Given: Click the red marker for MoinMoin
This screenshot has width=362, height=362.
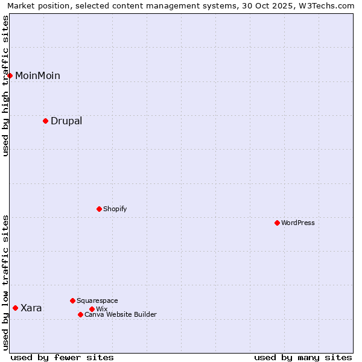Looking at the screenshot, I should (x=10, y=75).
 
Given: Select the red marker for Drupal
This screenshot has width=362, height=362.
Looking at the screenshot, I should (x=45, y=121).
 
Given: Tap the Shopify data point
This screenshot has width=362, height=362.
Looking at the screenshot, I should (x=99, y=209).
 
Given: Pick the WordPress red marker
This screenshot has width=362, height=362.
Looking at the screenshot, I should (x=277, y=223).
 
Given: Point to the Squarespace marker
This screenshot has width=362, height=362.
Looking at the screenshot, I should (x=72, y=300).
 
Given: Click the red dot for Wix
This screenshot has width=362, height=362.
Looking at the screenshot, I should (x=92, y=309).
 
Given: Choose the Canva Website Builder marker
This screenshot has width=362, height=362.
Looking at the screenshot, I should (x=80, y=314).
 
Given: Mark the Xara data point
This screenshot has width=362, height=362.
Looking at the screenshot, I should (x=15, y=308).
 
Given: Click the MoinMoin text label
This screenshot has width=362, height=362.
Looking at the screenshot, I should (x=37, y=75).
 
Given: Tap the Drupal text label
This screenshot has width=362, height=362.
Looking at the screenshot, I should (x=66, y=121).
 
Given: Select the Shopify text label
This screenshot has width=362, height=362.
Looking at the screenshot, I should (x=115, y=209).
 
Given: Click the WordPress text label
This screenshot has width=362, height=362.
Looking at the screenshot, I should (x=298, y=223).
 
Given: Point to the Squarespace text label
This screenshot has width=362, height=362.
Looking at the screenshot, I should (x=97, y=300).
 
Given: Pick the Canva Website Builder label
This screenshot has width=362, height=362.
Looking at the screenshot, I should (x=121, y=314).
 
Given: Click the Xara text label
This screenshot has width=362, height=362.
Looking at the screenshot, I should (x=31, y=308).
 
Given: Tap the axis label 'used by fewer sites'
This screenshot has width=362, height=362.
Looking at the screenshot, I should (x=62, y=357).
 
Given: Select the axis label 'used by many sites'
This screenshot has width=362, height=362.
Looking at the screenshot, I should (x=303, y=357).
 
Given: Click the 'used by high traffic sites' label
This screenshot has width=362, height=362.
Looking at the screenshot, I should (x=6, y=86).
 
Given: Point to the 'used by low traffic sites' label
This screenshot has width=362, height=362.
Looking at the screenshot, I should (x=6, y=282).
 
